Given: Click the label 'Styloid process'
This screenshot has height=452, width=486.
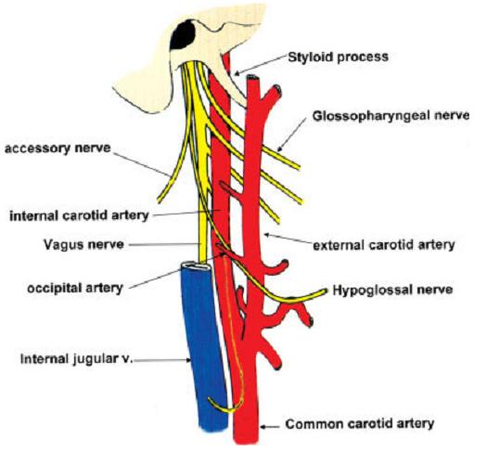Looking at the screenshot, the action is pyautogui.click(x=339, y=58).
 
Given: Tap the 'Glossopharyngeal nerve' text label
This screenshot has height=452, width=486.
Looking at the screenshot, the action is pyautogui.click(x=390, y=116).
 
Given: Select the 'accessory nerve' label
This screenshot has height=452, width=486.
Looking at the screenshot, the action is pyautogui.click(x=58, y=149).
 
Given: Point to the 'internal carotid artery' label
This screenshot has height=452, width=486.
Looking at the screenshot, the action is pyautogui.click(x=80, y=215).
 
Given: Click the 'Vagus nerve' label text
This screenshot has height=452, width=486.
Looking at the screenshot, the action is pyautogui.click(x=83, y=245).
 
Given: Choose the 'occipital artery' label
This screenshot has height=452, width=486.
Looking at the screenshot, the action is pyautogui.click(x=75, y=289).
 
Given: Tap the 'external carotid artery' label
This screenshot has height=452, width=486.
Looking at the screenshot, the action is pyautogui.click(x=384, y=245).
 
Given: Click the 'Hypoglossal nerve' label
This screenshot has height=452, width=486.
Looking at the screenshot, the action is pyautogui.click(x=392, y=291).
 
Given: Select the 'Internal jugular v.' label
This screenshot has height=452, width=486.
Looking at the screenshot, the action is pyautogui.click(x=77, y=359).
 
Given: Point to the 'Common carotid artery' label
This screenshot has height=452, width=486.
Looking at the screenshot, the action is pyautogui.click(x=360, y=424).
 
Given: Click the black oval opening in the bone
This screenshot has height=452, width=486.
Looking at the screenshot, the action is pyautogui.click(x=183, y=34).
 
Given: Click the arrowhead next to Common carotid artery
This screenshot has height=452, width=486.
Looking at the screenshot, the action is pyautogui.click(x=262, y=427).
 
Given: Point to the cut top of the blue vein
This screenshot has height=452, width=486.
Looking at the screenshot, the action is pyautogui.click(x=196, y=265).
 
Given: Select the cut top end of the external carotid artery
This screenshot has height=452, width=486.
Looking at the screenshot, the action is pyautogui.click(x=251, y=78).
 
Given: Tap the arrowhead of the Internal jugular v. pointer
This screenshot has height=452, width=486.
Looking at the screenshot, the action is pyautogui.click(x=188, y=360).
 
